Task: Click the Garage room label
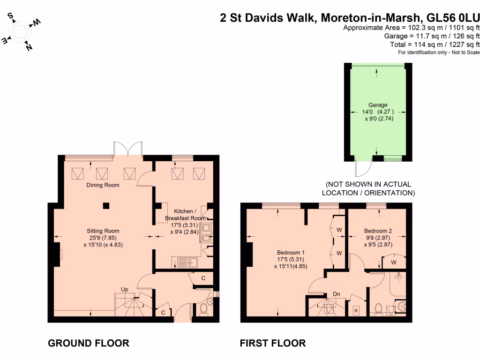378,105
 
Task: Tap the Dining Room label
103,185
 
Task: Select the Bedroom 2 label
378,231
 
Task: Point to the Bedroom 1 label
291,253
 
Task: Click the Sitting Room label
103,231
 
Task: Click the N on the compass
29,47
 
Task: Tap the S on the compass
10,15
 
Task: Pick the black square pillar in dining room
106,206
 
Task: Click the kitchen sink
187,262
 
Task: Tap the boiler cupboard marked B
356,311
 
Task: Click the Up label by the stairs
124,289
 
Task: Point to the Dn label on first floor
337,294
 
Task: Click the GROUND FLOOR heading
89,343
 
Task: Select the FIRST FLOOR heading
273,343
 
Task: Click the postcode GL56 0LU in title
453,18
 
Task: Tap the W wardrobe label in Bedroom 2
394,262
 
